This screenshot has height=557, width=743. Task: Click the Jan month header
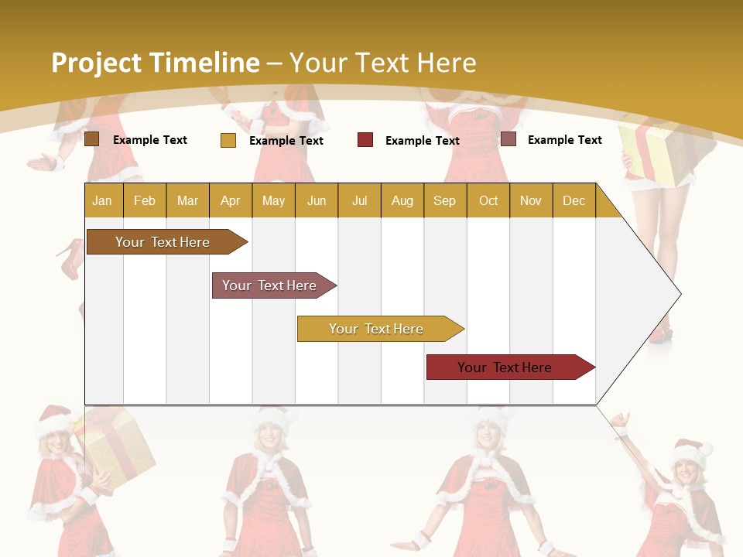(102, 201)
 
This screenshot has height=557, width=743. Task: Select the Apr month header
(230, 201)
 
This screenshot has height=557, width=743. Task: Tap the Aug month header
(402, 201)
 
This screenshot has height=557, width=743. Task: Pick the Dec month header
(574, 201)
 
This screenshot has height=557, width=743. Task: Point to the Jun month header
(316, 201)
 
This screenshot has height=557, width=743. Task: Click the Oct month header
(488, 201)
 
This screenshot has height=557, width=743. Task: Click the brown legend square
(92, 139)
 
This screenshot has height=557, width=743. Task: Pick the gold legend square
(228, 140)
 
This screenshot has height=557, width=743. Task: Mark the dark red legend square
(365, 140)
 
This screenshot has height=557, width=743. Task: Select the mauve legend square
(508, 139)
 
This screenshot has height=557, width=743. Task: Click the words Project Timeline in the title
(155, 63)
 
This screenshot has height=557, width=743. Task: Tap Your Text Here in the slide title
(382, 63)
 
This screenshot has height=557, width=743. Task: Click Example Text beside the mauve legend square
(564, 140)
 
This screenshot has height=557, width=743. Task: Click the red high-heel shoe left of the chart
(70, 258)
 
